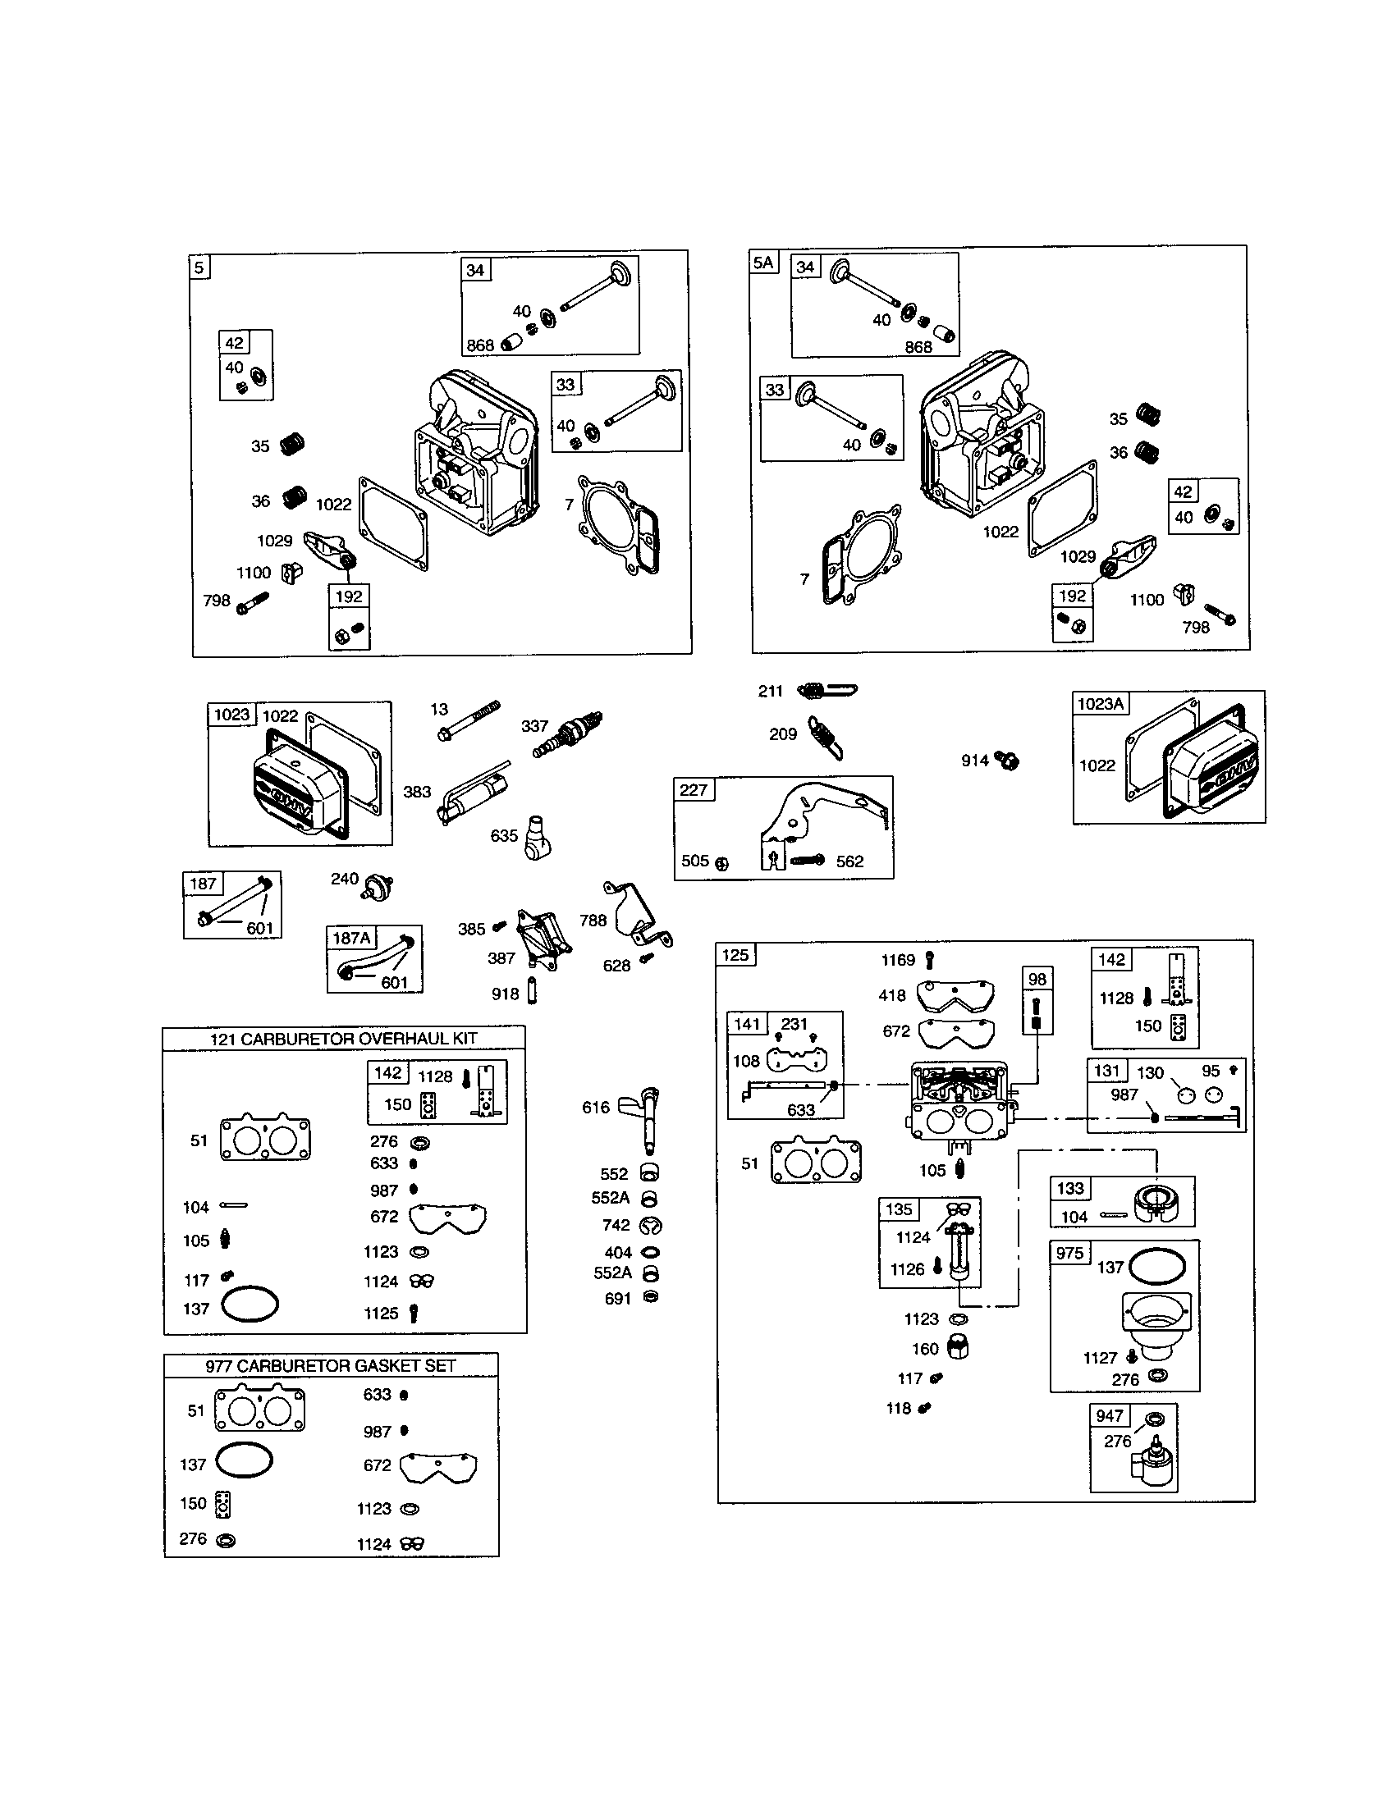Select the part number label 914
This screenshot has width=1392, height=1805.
974,761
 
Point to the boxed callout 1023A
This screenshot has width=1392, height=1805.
1100,703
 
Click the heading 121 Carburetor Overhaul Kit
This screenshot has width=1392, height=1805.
343,1039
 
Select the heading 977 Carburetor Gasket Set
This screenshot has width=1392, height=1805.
331,1366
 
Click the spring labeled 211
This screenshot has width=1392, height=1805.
826,690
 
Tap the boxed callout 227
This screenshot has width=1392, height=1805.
694,790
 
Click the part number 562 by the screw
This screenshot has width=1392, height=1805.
849,861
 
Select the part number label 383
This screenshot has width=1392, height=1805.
417,792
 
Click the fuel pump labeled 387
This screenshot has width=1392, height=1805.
540,942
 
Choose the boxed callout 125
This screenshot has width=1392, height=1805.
735,955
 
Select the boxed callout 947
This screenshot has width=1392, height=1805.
1109,1416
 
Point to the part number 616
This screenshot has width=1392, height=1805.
595,1108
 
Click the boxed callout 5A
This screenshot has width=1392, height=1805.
764,263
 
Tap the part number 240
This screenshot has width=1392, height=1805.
344,879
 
